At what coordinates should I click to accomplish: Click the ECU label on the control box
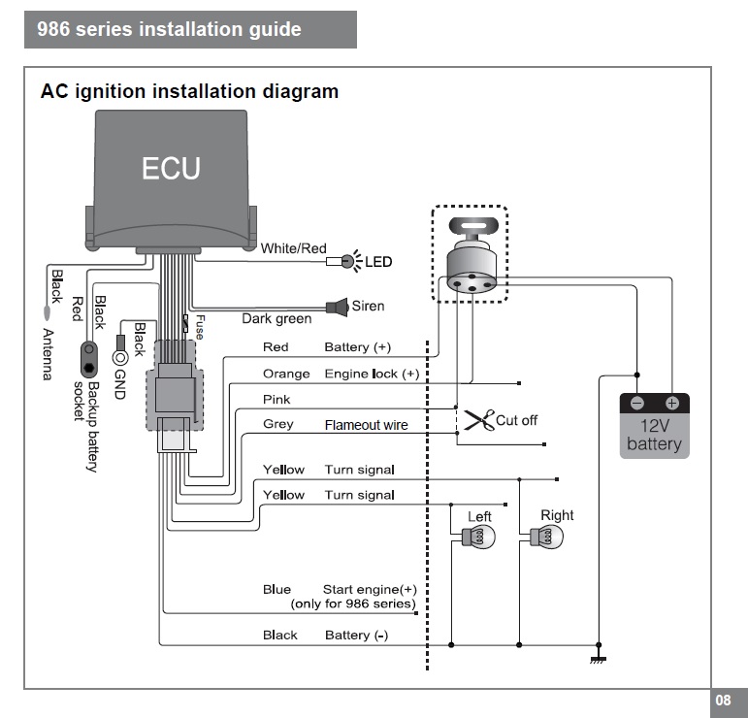pyautogui.click(x=171, y=169)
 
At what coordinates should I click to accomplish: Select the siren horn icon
pyautogui.click(x=338, y=307)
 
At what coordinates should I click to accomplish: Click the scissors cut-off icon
pyautogui.click(x=477, y=420)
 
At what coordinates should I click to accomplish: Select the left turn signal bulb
pyautogui.click(x=480, y=537)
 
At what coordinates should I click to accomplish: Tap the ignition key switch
pyautogui.click(x=470, y=255)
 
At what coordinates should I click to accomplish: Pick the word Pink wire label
pyautogui.click(x=276, y=400)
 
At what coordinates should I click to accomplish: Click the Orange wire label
pyautogui.click(x=286, y=374)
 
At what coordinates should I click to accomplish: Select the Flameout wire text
pyautogui.click(x=366, y=425)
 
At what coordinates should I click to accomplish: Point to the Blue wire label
pyautogui.click(x=276, y=589)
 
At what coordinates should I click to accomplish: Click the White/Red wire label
pyautogui.click(x=293, y=248)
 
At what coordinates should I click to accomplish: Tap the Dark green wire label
pyautogui.click(x=276, y=319)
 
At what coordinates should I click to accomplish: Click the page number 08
pyautogui.click(x=723, y=700)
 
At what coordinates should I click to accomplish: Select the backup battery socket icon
pyautogui.click(x=91, y=357)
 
